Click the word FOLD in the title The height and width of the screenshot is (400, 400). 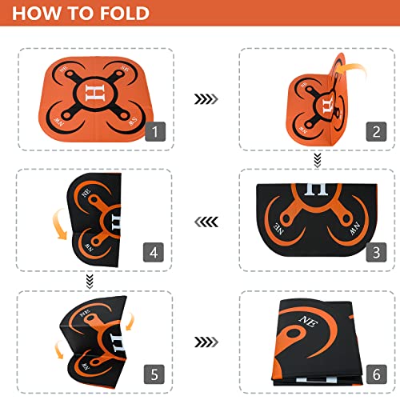coord(117,14)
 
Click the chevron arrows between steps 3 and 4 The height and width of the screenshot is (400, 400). coord(206,221)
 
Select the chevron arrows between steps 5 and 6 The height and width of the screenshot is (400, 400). coord(206,341)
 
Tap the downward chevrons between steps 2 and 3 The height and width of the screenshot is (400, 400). coord(317,160)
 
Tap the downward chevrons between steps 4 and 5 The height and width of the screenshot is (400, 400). coord(90,279)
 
